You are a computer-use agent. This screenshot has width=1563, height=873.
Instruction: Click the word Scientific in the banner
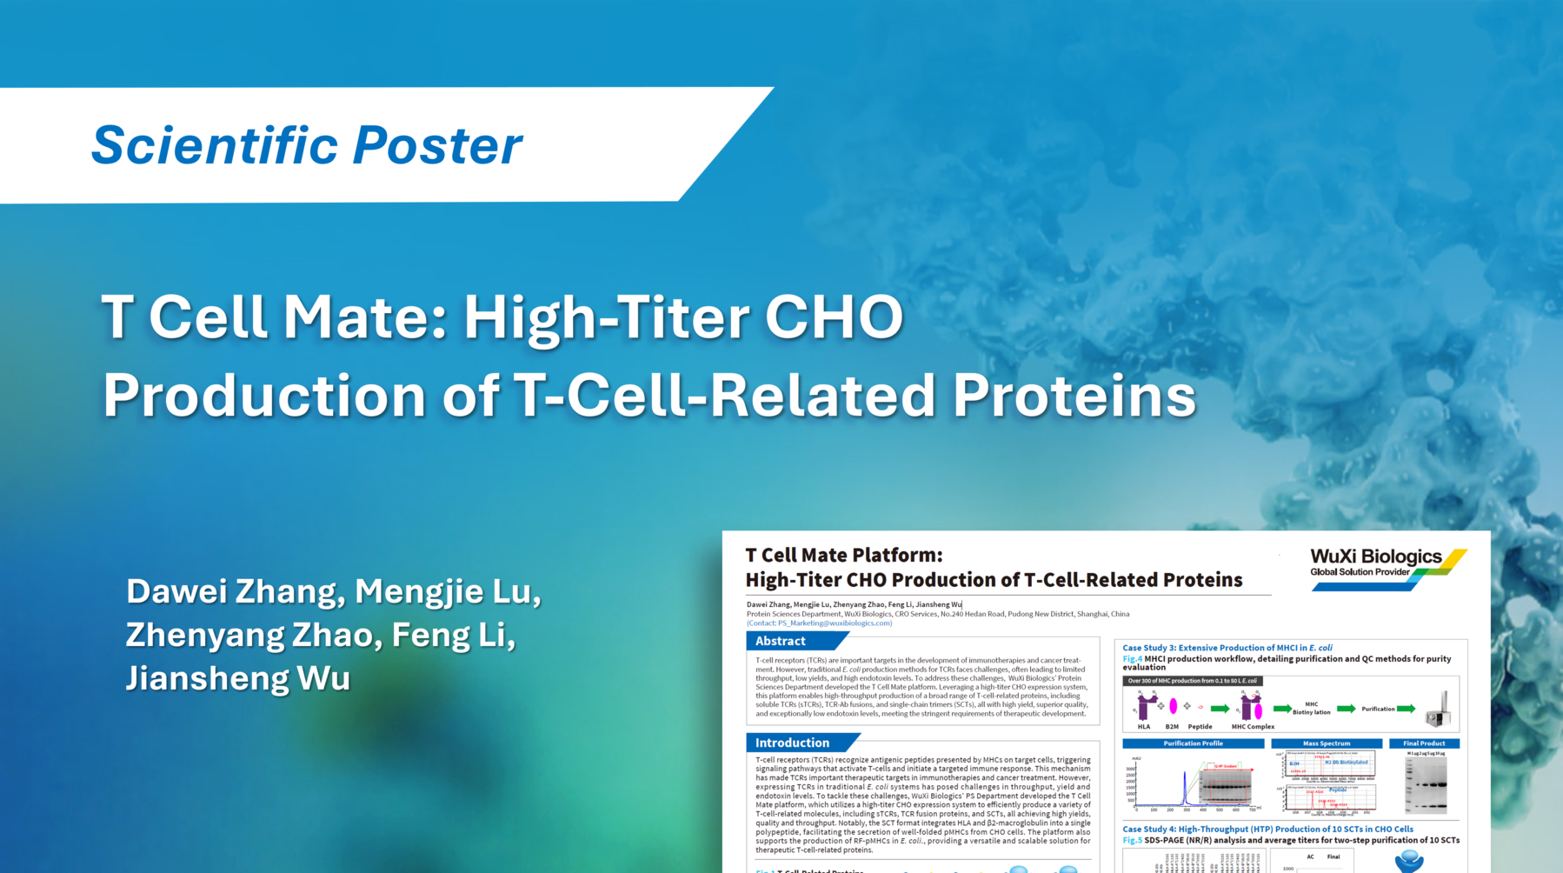(x=213, y=145)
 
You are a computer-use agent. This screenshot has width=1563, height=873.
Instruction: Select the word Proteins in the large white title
(x=1074, y=396)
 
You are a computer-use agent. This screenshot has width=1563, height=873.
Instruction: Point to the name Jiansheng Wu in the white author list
(x=237, y=678)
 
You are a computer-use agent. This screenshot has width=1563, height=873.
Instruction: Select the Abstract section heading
(x=780, y=641)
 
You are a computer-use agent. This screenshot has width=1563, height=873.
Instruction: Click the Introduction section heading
(x=791, y=743)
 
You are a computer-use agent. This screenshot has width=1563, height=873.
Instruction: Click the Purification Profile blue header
(x=1193, y=743)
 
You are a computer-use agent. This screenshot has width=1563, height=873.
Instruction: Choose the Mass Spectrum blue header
(x=1326, y=743)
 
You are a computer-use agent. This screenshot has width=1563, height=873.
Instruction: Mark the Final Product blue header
(x=1423, y=743)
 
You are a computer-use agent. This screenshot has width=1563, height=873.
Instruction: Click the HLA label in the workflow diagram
(x=1143, y=727)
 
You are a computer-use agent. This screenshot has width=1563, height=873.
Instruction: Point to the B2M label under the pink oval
(x=1172, y=727)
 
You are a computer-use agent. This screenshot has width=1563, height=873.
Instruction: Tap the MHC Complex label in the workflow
(x=1253, y=727)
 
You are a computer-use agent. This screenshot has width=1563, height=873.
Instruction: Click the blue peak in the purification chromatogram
(x=1184, y=788)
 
